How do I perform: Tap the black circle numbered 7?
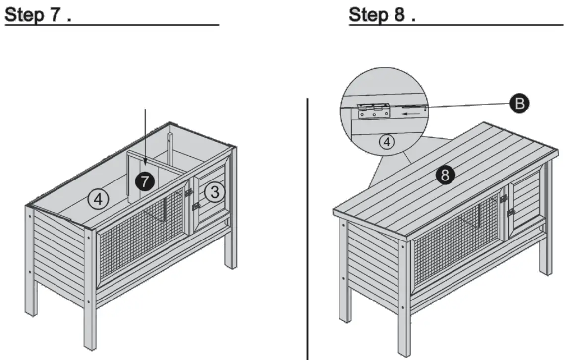point(144,181)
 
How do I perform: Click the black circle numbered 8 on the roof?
point(445,175)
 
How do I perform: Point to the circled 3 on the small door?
point(214,192)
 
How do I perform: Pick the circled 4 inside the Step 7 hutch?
point(98,199)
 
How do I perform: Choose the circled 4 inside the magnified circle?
point(387,142)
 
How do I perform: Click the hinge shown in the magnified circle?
point(373,111)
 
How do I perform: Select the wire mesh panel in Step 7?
point(141,228)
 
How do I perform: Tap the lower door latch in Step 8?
point(510,212)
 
